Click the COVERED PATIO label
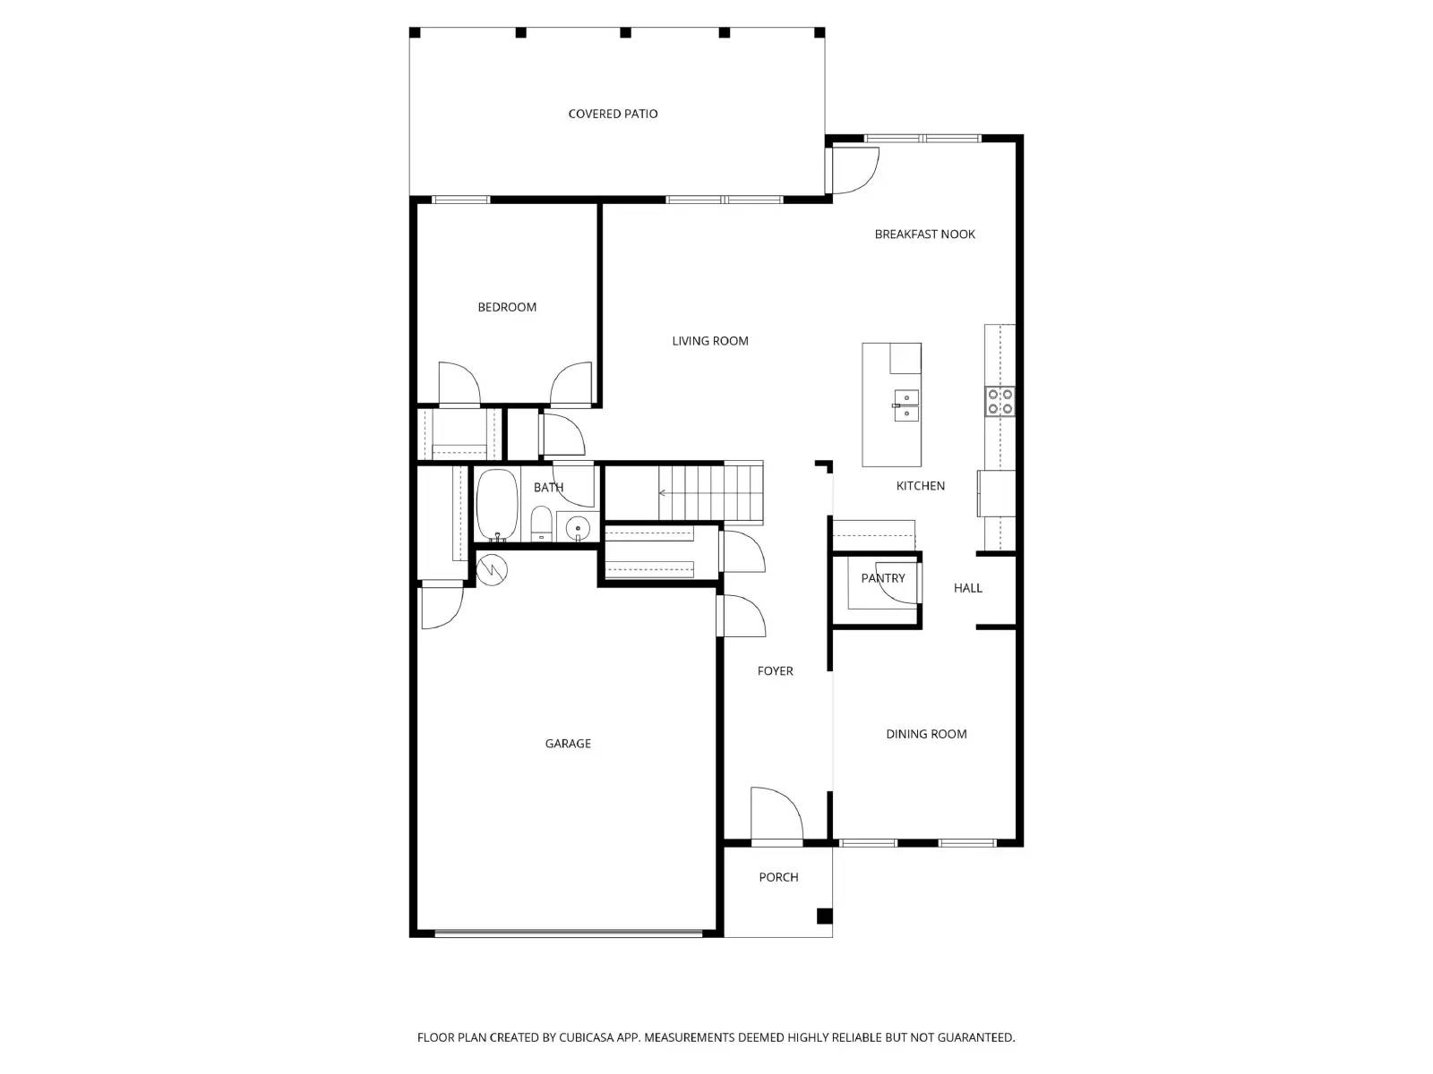[613, 114]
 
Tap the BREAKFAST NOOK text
[924, 234]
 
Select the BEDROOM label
[507, 307]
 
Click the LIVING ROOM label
[710, 341]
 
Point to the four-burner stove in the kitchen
[1000, 402]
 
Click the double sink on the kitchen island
[905, 405]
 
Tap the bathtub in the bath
[497, 505]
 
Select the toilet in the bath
[541, 524]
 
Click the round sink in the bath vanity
[578, 528]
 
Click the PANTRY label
[883, 578]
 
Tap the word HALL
[967, 588]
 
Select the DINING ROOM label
[926, 734]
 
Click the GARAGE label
[568, 744]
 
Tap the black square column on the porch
[824, 916]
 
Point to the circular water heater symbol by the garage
[492, 569]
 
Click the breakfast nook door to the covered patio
[854, 171]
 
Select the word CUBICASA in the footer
[586, 1037]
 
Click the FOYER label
[775, 671]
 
